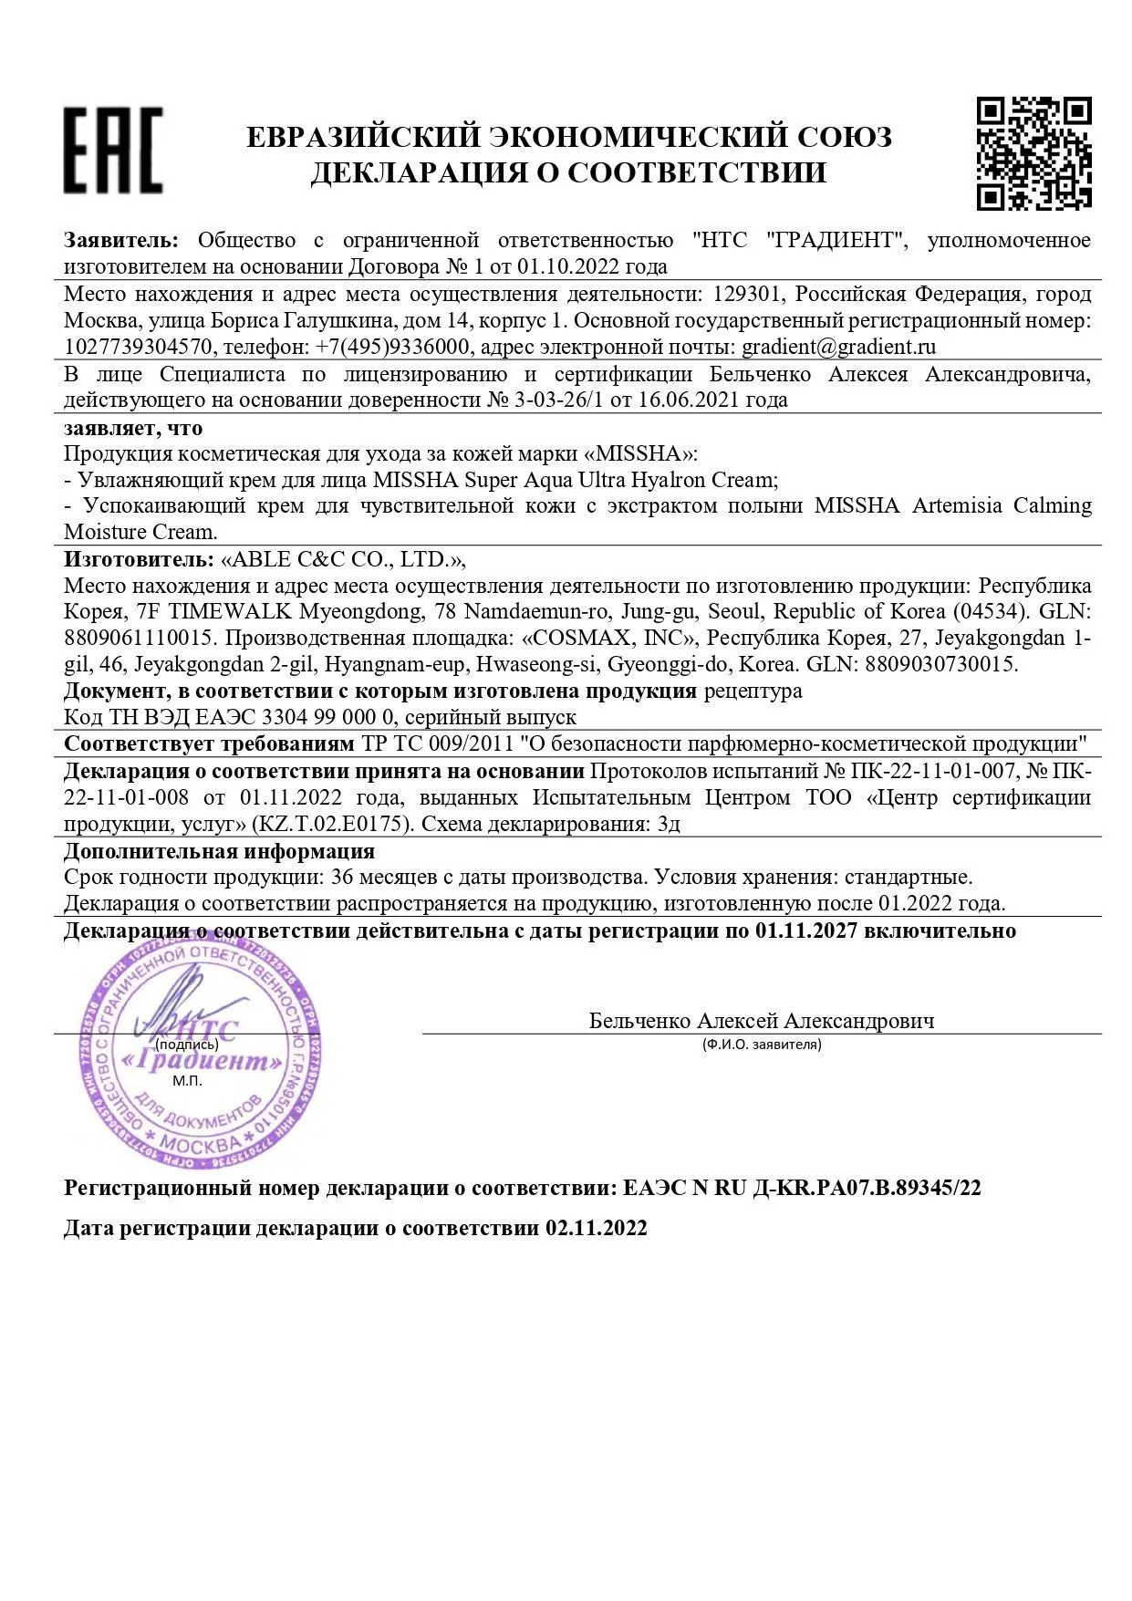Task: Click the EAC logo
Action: pos(113,151)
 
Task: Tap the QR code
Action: pos(1033,152)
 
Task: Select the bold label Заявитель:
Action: pos(120,241)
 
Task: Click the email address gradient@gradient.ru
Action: pos(838,347)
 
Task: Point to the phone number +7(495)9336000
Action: pos(393,347)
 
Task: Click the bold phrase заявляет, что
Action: pos(133,427)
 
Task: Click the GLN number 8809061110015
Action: pos(138,638)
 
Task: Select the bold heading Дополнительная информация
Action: pos(219,851)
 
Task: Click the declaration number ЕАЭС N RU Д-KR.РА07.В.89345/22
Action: pos(802,1188)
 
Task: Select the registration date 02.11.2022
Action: pos(597,1228)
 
